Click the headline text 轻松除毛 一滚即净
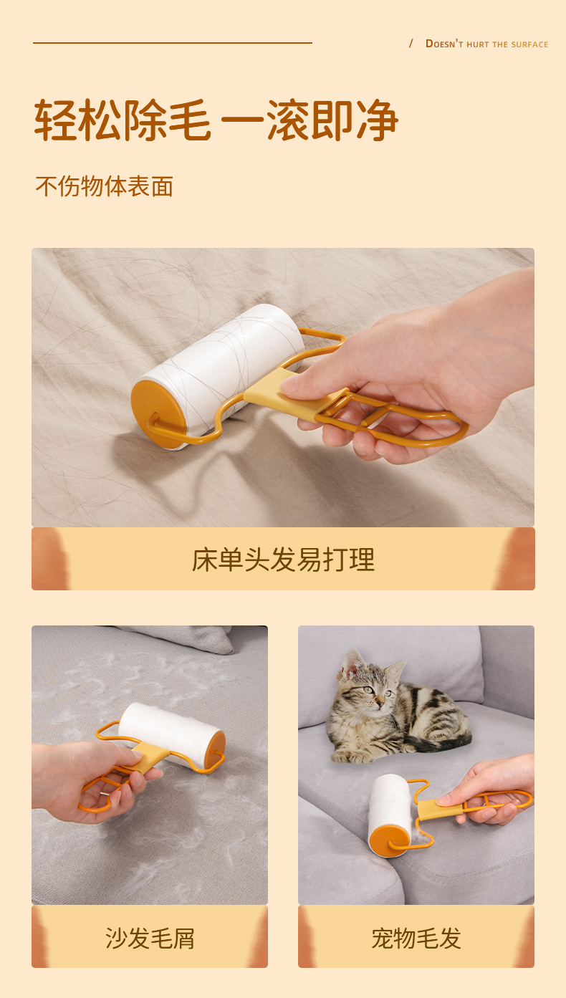216,120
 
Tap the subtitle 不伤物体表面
105,186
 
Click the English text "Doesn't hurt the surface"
486,44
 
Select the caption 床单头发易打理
283,560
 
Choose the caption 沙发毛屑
150,937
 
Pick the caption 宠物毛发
416,937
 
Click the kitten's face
376,692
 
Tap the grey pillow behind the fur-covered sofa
193,638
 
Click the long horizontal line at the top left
172,43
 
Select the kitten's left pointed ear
351,663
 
